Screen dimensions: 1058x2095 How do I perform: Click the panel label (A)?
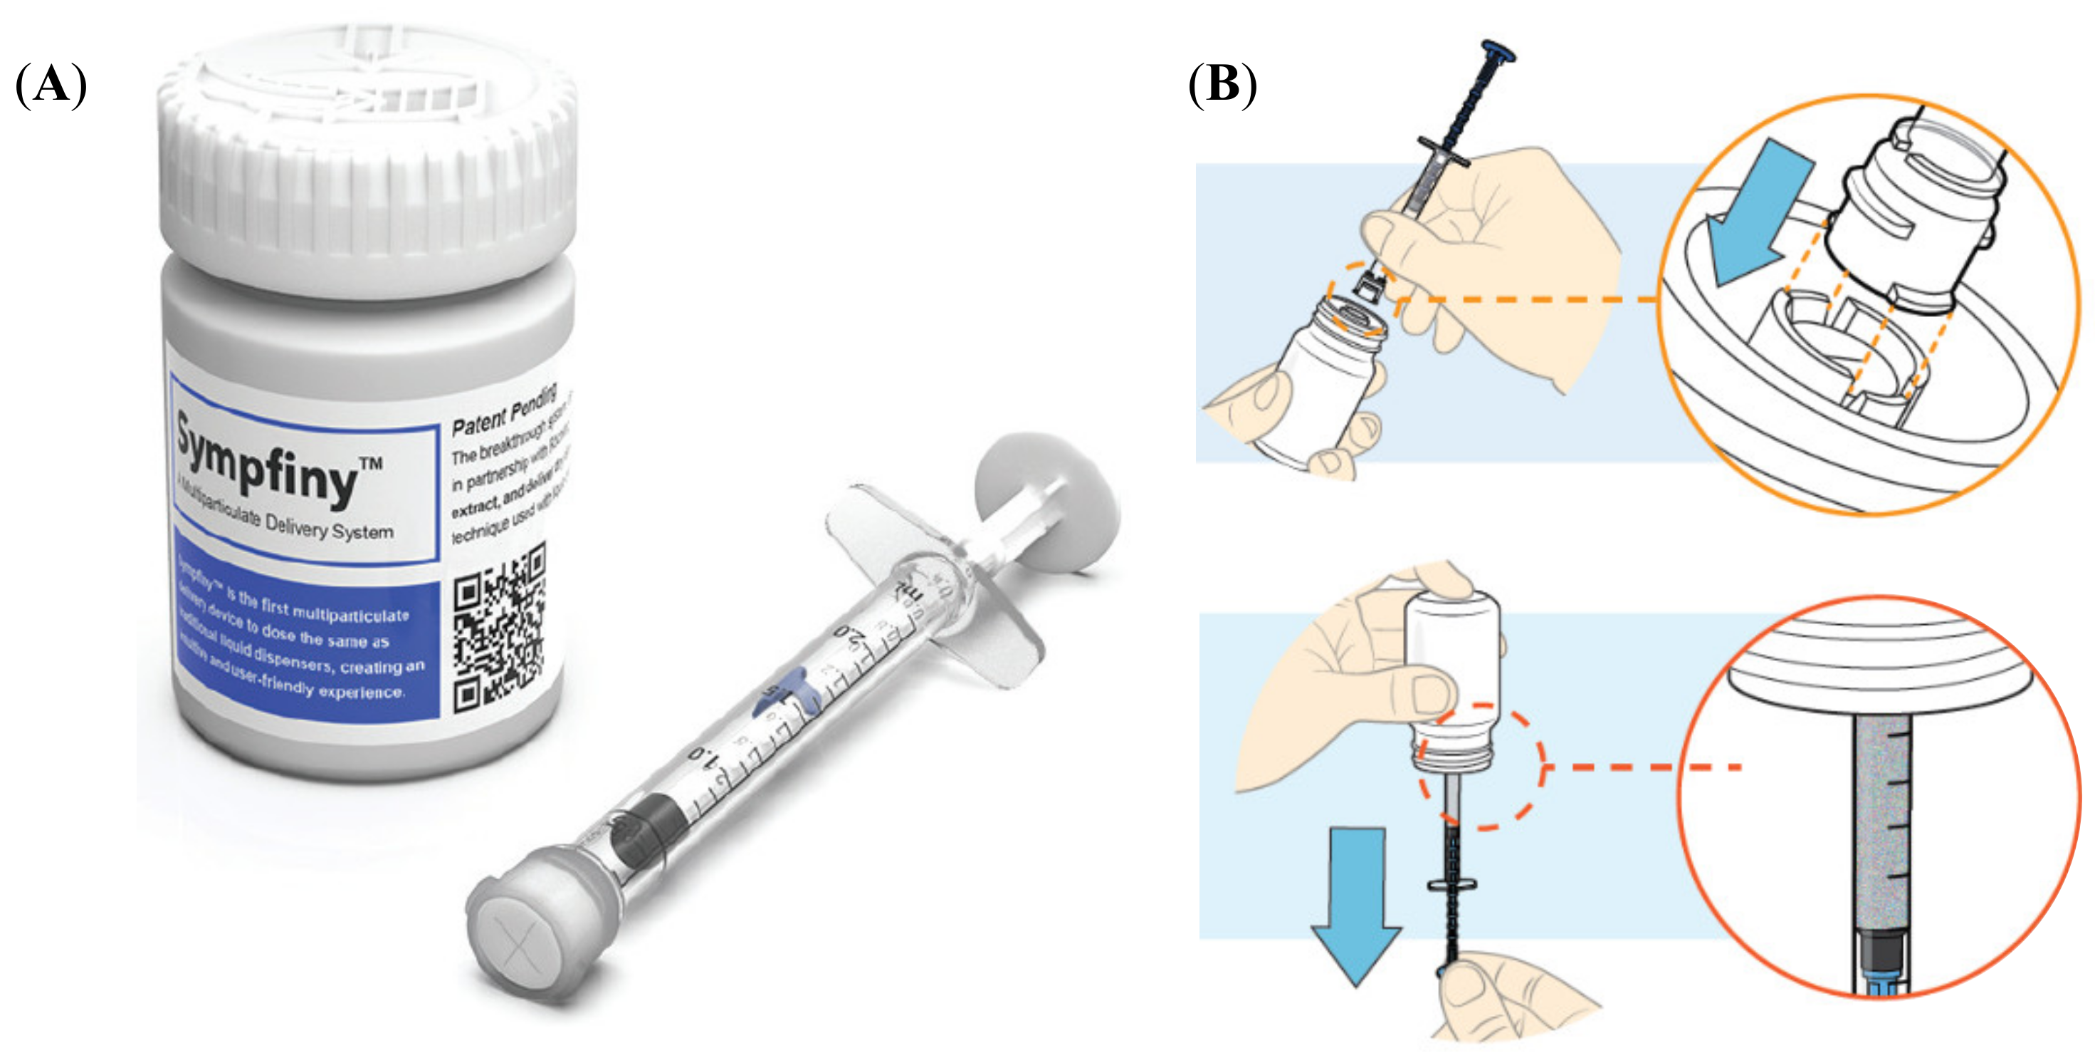(51, 85)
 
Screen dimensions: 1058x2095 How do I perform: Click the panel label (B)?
(1222, 85)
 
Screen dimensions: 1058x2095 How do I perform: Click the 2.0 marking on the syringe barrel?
(850, 635)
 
